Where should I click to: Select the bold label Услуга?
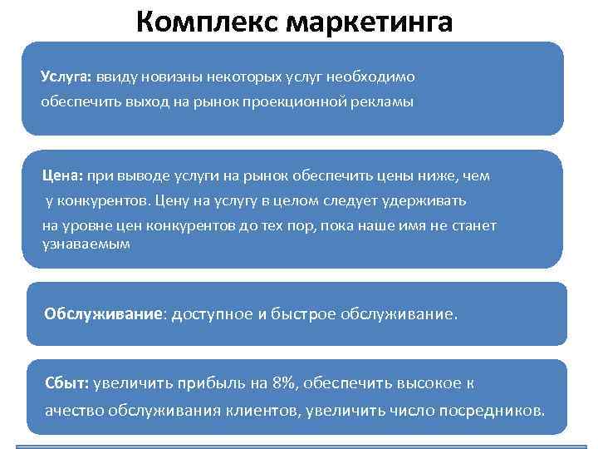66,76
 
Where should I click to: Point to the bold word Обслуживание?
104,315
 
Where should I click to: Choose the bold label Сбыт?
68,383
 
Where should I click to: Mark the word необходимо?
374,76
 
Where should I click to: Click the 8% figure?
284,383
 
